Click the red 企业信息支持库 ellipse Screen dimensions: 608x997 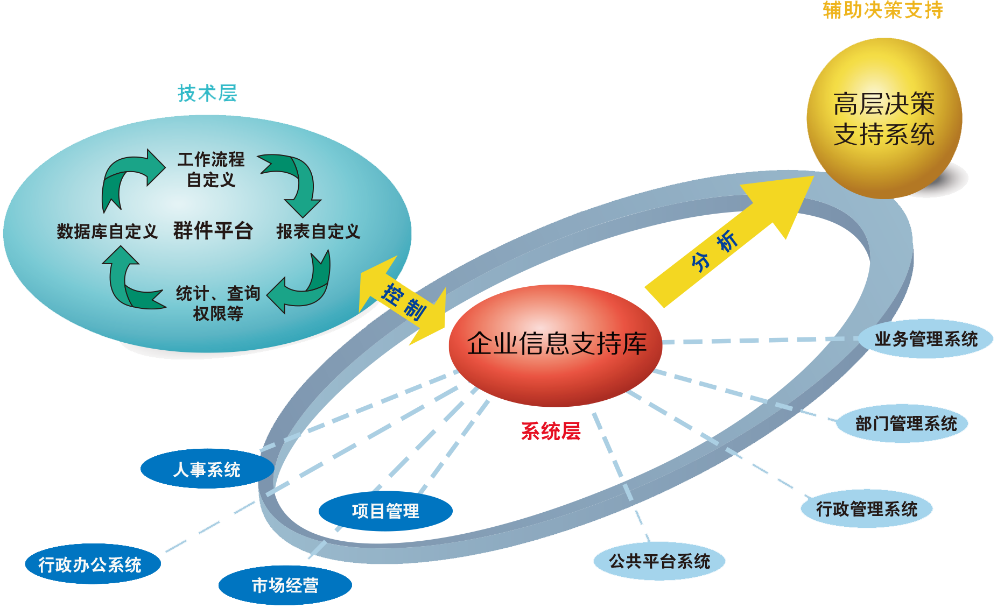click(x=556, y=344)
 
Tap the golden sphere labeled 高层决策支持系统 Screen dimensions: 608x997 click(x=884, y=118)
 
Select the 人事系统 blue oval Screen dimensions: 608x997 click(x=207, y=469)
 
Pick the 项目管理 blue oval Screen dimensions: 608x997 click(x=385, y=511)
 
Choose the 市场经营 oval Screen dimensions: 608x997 click(x=285, y=585)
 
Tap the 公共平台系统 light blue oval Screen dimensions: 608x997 click(x=659, y=561)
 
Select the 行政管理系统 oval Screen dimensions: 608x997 click(x=867, y=508)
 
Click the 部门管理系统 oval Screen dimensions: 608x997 click(x=902, y=423)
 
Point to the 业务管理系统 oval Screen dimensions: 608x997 click(x=926, y=339)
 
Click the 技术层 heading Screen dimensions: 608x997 click(x=207, y=93)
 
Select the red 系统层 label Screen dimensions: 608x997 click(x=551, y=431)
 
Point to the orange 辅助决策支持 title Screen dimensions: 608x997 click(x=883, y=10)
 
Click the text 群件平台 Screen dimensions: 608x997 click(x=213, y=231)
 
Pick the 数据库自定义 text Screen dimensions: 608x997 click(x=107, y=231)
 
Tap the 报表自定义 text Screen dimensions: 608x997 click(x=318, y=231)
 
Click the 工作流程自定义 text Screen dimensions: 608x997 click(x=211, y=169)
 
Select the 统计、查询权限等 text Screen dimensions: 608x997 click(x=218, y=303)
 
